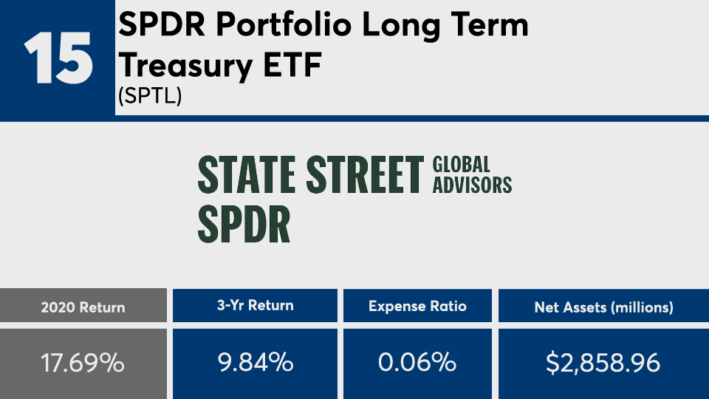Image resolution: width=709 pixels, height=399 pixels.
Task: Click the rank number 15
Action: click(58, 58)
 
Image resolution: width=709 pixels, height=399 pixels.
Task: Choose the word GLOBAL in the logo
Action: click(462, 164)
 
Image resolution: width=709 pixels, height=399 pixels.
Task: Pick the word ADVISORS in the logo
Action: click(472, 185)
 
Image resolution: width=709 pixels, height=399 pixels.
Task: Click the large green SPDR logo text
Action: click(244, 225)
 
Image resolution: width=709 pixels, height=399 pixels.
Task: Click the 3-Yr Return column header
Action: click(255, 306)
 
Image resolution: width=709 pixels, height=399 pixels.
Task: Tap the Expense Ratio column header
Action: click(417, 306)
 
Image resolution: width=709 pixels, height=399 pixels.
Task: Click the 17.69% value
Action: click(83, 364)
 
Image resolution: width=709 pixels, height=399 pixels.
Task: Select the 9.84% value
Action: click(255, 364)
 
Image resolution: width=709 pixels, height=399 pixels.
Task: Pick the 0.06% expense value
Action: click(417, 364)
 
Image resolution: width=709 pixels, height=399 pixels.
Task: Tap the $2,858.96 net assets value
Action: click(603, 364)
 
